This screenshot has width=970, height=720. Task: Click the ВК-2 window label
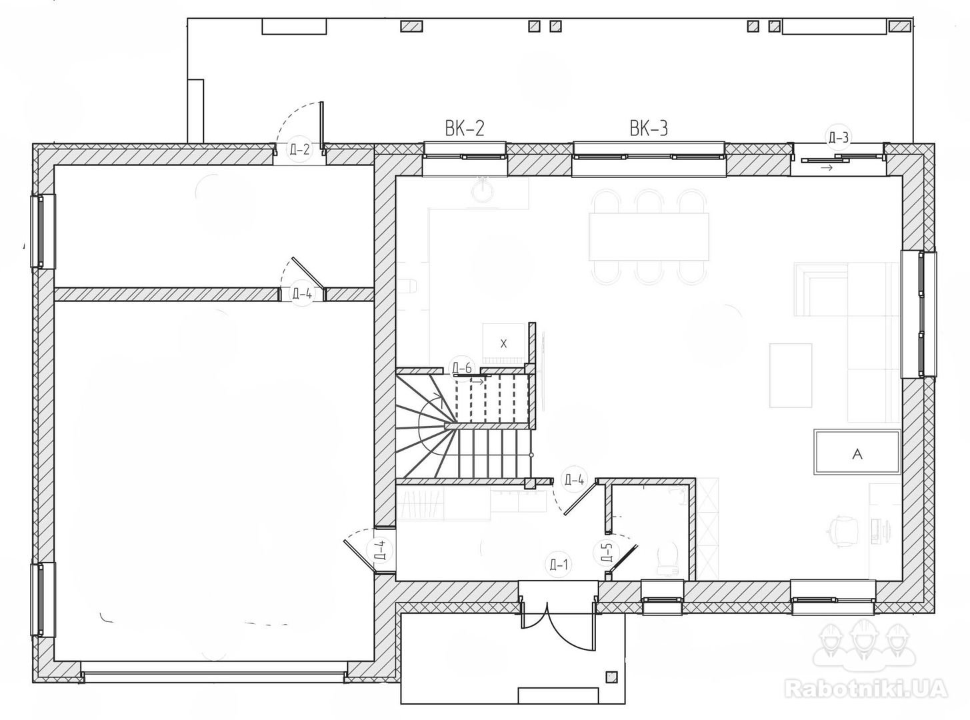click(x=465, y=129)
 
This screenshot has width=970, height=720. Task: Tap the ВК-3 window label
click(x=649, y=129)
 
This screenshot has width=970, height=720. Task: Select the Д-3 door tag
click(x=839, y=138)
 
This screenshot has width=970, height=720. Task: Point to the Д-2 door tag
click(x=299, y=149)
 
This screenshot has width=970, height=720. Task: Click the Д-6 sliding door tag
click(x=462, y=368)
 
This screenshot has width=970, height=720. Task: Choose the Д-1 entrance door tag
click(x=559, y=565)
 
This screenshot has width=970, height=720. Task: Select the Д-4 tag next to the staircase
click(x=574, y=480)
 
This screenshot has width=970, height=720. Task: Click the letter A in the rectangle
click(x=857, y=455)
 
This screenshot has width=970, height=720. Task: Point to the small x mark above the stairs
click(x=503, y=344)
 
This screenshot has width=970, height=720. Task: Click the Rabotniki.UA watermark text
click(x=865, y=700)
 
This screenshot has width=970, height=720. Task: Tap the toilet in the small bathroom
click(x=668, y=559)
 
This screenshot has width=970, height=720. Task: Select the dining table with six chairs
click(x=649, y=236)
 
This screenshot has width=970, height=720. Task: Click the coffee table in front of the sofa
click(x=791, y=375)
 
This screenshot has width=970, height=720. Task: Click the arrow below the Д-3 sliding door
click(x=827, y=167)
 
